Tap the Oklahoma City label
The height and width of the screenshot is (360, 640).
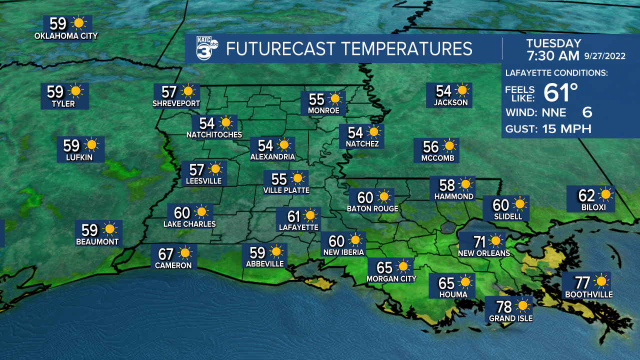(66, 35)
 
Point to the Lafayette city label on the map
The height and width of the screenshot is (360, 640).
(298, 227)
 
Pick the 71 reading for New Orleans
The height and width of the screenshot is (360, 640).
(479, 242)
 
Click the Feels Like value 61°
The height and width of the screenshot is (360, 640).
(560, 92)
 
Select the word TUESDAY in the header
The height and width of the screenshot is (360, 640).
(553, 43)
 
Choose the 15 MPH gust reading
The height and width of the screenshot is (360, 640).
(566, 128)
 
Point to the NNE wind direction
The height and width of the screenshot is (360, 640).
(554, 111)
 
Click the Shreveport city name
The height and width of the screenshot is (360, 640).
(176, 103)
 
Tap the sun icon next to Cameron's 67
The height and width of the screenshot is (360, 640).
(185, 253)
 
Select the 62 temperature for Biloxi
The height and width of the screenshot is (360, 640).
(587, 195)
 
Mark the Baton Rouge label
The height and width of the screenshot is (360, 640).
(372, 208)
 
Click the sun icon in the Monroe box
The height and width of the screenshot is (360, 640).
(334, 98)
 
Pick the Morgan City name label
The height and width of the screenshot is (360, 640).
(391, 278)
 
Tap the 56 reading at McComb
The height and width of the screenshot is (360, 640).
(430, 146)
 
